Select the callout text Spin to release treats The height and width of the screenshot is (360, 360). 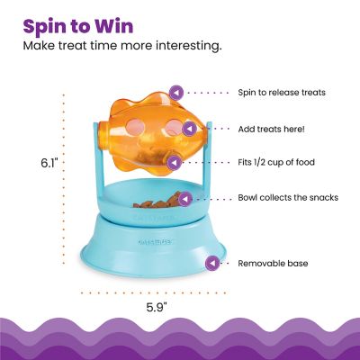coord(282,92)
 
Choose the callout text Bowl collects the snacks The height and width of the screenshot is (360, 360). coord(287,197)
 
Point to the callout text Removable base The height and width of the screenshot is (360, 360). coord(272,264)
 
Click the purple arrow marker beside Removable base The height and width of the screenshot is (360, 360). coord(212,264)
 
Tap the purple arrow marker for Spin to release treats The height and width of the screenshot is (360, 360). coord(177,92)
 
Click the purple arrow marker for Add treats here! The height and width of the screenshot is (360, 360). coord(181,129)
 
